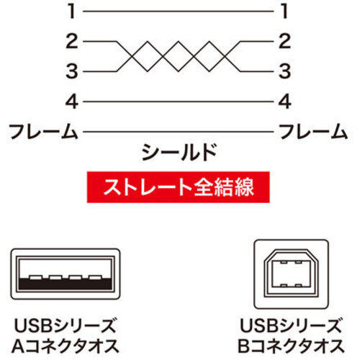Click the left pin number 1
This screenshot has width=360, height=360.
[72, 12]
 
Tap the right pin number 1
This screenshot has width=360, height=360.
[284, 12]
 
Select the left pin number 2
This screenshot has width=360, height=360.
[72, 42]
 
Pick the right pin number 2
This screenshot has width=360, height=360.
[284, 42]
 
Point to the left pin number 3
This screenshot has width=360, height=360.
[72, 71]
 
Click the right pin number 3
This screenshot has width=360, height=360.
[284, 71]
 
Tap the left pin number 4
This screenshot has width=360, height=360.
[72, 102]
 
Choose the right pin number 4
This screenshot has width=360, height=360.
[284, 102]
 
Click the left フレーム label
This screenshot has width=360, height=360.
[43, 131]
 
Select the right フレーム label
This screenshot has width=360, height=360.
[313, 131]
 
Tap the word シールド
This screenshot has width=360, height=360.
[179, 153]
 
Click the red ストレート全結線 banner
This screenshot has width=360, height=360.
[178, 187]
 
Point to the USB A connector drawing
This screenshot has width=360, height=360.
[66, 274]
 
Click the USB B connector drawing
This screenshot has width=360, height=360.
[291, 274]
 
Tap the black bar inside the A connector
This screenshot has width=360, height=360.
[66, 284]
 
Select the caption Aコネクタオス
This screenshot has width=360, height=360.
[66, 346]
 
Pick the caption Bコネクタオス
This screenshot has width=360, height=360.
[291, 346]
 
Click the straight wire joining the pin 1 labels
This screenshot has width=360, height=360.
[179, 12]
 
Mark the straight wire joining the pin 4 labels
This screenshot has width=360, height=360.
[179, 102]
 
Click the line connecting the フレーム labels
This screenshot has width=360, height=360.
[179, 132]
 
